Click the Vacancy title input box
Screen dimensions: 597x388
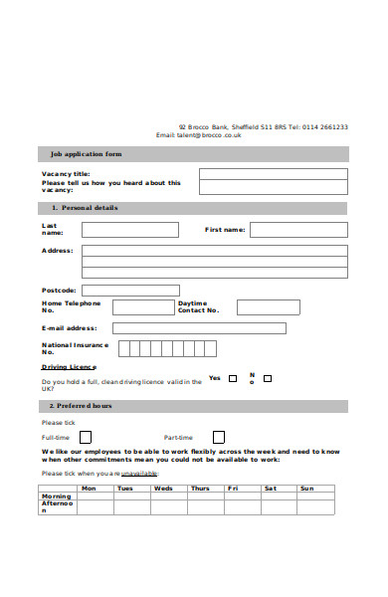(x=273, y=173)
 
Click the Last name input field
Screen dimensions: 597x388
(x=129, y=230)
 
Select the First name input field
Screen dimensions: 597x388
(x=298, y=230)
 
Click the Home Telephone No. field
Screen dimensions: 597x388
(x=142, y=307)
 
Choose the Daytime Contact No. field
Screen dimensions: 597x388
(x=268, y=307)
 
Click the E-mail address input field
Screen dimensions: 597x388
(x=199, y=328)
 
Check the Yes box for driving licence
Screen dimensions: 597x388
(x=233, y=378)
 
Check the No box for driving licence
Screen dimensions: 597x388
(x=267, y=378)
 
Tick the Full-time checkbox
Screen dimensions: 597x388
(x=86, y=437)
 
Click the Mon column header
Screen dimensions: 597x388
(x=89, y=489)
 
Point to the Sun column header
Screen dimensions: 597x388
(x=306, y=489)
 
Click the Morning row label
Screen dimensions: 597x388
(x=56, y=496)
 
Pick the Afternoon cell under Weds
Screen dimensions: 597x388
(x=167, y=506)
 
